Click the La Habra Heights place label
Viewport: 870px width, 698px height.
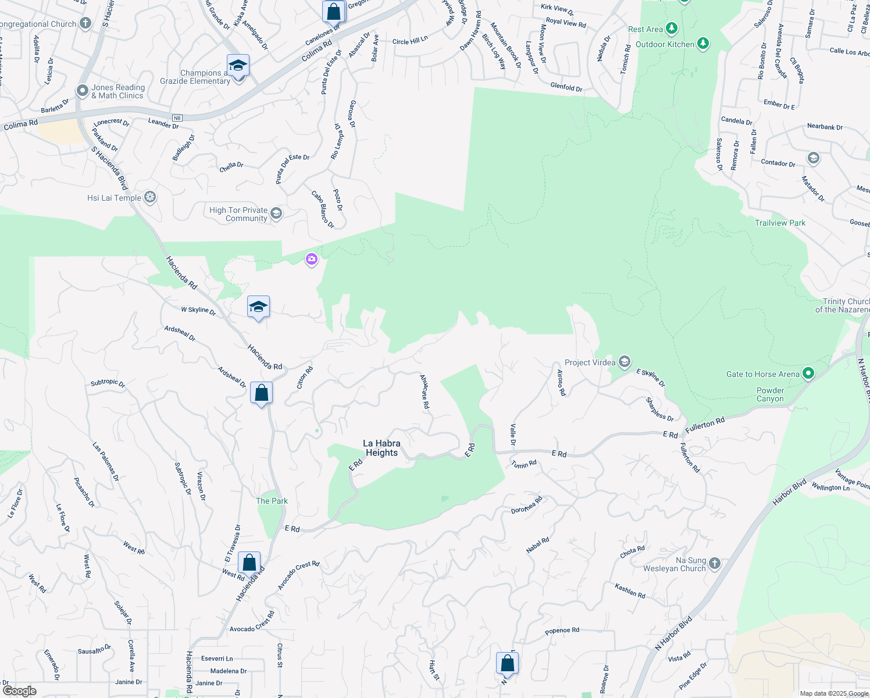381,448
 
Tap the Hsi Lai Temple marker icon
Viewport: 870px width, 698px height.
150,198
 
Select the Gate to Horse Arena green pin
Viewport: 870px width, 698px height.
808,373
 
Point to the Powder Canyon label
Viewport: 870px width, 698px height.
770,394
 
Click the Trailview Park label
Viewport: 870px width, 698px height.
780,223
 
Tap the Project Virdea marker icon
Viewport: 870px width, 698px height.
624,362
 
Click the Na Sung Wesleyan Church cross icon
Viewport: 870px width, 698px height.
715,563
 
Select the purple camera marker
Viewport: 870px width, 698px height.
312,259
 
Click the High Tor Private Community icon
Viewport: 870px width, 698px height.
276,213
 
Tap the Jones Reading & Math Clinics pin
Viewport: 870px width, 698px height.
83,91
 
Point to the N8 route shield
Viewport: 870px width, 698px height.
177,118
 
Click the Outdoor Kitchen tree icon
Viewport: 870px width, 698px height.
703,43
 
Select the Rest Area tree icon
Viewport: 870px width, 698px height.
672,28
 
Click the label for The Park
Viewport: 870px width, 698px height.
272,501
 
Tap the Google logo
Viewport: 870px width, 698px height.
20,690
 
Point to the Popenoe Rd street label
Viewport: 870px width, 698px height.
562,631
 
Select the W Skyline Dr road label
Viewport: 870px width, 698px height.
198,311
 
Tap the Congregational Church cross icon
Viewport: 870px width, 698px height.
85,23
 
